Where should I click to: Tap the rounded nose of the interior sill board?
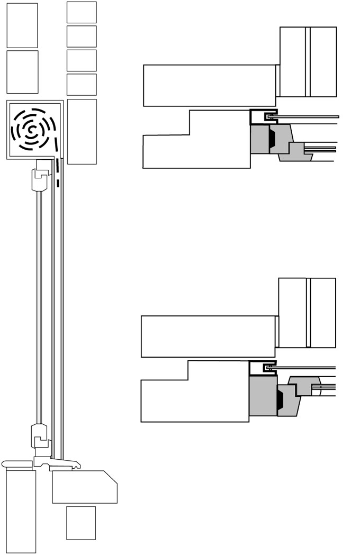pos(5,464)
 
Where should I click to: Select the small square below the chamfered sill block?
pos(81,523)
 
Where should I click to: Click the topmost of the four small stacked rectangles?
pos(82,12)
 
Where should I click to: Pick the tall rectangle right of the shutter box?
pos(82,131)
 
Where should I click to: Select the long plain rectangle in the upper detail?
pos(210,85)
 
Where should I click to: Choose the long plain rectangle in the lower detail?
pos(208,336)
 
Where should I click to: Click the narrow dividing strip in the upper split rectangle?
pos(308,62)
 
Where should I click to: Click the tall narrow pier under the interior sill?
pos(21,511)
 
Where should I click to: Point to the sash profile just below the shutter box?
pos(40,180)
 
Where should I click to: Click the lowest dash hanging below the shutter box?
pos(57,184)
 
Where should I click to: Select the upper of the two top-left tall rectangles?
pos(22,25)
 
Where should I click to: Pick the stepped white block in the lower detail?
pos(195,392)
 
